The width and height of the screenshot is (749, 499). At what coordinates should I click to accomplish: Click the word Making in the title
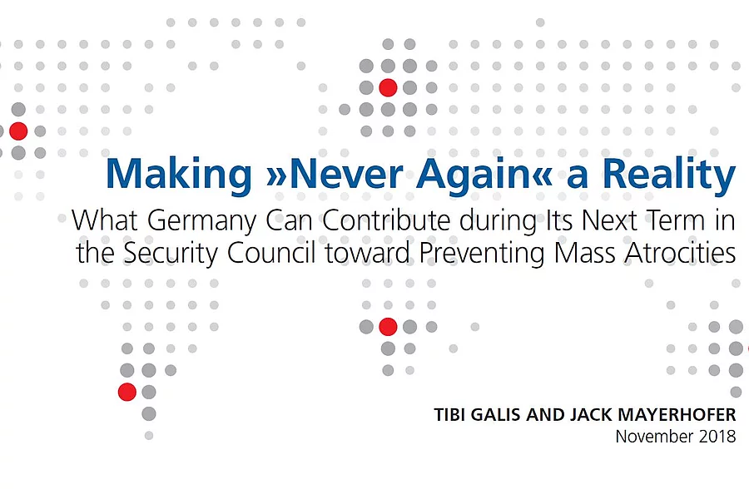pos(178,175)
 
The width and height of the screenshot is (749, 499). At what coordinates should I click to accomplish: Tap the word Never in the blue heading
pos(346,173)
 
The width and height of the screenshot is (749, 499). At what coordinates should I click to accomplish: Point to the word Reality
pos(669,175)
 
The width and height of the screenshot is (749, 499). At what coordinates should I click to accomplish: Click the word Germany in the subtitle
pos(201,222)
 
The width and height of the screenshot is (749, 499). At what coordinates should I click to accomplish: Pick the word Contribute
pos(386,220)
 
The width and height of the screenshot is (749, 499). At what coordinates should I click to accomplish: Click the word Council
pos(270,253)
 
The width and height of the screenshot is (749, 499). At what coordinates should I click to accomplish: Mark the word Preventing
pos(482,254)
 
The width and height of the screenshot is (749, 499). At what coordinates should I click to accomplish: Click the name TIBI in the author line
pos(449,414)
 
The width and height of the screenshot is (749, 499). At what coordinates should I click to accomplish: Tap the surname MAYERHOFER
pos(677,414)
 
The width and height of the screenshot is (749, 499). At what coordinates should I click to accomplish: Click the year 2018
pos(717,437)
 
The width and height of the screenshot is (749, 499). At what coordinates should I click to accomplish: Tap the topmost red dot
pos(388,88)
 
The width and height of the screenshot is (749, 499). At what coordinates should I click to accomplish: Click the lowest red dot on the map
pos(127,392)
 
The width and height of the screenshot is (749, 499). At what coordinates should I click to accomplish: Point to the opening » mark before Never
pos(275,176)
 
